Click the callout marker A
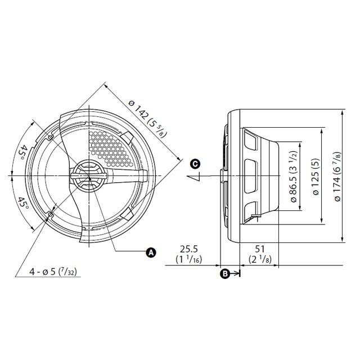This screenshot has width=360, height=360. point(151,253)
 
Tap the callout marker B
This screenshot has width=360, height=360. point(224,274)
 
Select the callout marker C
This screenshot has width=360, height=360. point(195,164)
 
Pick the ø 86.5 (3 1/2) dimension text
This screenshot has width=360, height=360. point(293,177)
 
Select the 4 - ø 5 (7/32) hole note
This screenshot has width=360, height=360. point(54,272)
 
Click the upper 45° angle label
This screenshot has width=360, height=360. point(23,152)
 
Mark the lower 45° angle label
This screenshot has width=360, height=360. point(23,202)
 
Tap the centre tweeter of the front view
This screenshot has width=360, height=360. point(87,177)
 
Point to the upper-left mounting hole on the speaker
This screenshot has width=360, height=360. point(51,137)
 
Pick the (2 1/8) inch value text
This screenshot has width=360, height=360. point(260,259)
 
